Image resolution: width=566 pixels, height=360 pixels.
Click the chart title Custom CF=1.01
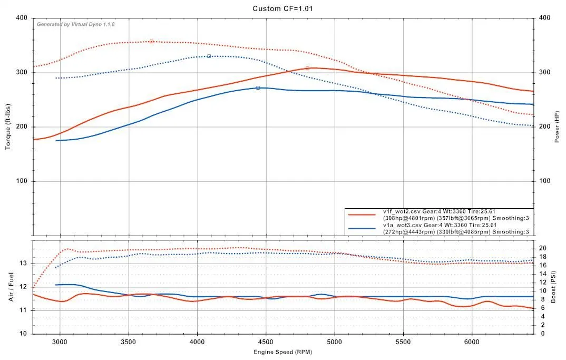coord(284,8)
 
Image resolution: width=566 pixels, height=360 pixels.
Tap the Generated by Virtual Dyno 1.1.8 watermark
coord(75,24)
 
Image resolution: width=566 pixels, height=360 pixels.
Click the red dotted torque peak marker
coord(151,41)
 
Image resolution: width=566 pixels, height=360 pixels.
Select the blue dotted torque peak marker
coord(209,56)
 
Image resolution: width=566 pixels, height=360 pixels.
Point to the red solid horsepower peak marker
coord(307,68)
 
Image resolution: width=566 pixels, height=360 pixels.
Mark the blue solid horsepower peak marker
coord(258,87)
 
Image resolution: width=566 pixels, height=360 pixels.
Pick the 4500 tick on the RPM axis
coord(266,341)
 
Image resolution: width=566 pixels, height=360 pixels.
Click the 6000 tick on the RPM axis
coord(472,341)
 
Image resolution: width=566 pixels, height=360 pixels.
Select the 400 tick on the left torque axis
coord(22,18)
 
